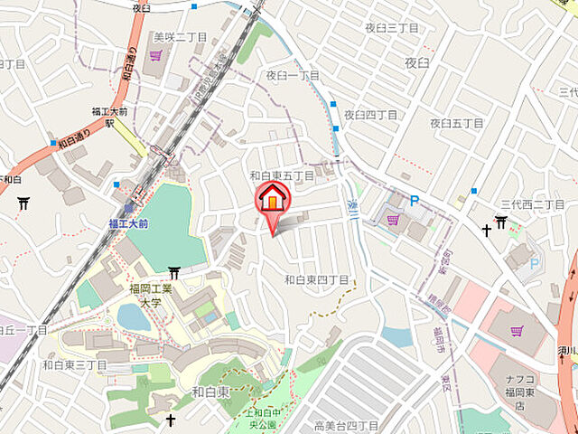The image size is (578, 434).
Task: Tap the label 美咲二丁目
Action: point(181,37)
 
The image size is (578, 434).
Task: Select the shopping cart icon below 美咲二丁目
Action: point(156,54)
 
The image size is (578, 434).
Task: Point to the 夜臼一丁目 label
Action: point(293,75)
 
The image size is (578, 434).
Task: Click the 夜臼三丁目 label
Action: point(392,28)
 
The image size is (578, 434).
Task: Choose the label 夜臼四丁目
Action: point(370,115)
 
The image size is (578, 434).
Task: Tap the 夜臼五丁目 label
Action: point(459,123)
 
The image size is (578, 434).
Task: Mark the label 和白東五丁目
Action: point(282,175)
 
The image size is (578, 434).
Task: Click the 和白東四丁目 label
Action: point(316,280)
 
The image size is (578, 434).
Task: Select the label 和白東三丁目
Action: point(75,364)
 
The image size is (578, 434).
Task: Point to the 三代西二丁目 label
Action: point(533,204)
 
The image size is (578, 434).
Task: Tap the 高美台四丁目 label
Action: point(346,425)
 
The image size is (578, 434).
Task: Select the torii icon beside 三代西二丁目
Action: point(501,222)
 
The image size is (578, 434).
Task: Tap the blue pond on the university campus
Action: point(134,316)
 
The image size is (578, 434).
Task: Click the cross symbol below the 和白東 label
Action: point(171,420)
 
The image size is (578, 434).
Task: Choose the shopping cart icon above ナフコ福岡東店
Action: point(517,331)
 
